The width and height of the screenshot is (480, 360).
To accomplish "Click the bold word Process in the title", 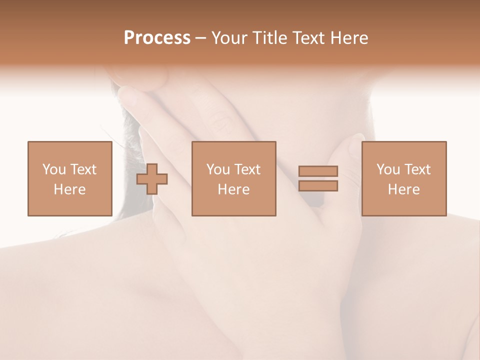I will point(157,38).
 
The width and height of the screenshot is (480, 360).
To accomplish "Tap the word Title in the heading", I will point(270,38).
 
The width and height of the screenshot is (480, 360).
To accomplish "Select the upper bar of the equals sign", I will point(318,171).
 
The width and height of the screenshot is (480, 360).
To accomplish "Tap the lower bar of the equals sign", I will point(318,186).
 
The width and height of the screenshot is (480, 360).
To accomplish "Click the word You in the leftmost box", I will point(54,169).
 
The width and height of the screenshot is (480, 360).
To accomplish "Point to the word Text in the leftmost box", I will point(82,169).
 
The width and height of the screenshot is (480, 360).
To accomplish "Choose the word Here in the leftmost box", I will point(69,189).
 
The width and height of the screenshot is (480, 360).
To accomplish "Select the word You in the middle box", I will point(218,169).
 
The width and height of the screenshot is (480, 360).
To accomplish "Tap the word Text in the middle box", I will point(247,169).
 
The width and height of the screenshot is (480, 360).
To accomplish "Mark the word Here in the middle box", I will point(233,189).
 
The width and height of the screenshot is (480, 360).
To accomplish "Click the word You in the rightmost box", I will point(388,169).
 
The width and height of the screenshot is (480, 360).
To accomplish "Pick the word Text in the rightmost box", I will point(417,169).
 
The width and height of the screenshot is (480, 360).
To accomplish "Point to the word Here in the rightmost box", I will point(403,189).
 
